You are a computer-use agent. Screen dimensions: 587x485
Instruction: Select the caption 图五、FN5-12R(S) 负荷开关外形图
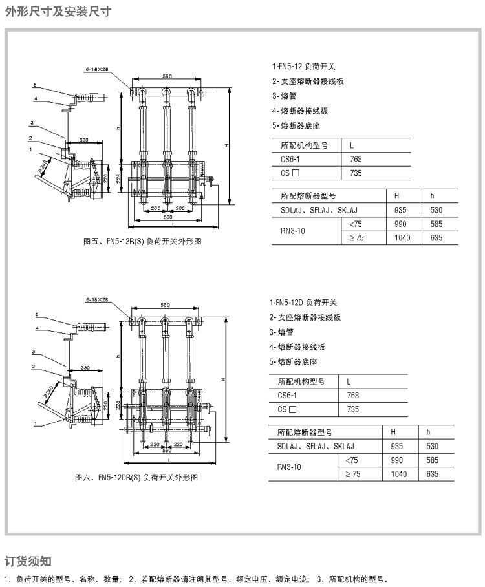pyautogui.click(x=143, y=242)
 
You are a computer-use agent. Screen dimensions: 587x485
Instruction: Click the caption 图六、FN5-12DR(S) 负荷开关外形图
pyautogui.click(x=136, y=478)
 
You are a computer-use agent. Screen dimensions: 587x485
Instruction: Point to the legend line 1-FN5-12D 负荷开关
pyautogui.click(x=303, y=303)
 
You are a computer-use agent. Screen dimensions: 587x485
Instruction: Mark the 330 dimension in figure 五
pyautogui.click(x=83, y=140)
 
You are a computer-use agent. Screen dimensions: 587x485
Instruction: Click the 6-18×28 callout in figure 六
pyautogui.click(x=96, y=301)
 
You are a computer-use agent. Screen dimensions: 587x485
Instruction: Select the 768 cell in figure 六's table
pyautogui.click(x=352, y=395)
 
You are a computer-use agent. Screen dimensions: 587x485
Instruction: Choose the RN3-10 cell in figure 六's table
pyautogui.click(x=289, y=467)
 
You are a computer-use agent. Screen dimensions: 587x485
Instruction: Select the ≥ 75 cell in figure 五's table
pyautogui.click(x=356, y=238)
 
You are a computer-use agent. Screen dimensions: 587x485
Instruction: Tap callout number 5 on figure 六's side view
pyautogui.click(x=37, y=314)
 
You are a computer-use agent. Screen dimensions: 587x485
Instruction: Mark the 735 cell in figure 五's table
pyautogui.click(x=356, y=173)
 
